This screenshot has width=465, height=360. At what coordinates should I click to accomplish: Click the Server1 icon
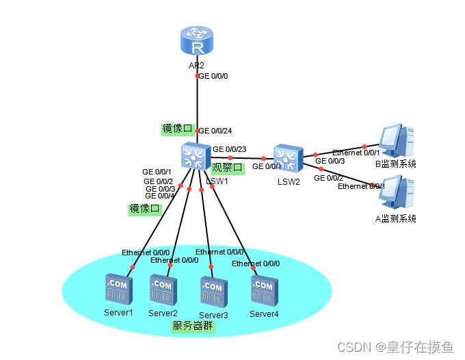[118, 290]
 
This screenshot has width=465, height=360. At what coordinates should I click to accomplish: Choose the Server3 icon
[211, 292]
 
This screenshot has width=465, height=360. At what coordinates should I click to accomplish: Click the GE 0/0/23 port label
[229, 149]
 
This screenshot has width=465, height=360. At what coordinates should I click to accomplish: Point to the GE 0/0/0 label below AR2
[213, 77]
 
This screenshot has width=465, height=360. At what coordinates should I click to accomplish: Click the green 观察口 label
[227, 167]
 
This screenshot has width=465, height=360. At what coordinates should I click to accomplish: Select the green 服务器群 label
[193, 326]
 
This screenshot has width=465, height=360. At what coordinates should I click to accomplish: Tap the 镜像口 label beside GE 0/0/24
[176, 129]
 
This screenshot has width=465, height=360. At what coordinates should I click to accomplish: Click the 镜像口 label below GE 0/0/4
[144, 208]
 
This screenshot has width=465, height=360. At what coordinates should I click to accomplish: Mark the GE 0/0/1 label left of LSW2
[267, 166]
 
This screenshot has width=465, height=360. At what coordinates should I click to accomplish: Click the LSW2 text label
[289, 181]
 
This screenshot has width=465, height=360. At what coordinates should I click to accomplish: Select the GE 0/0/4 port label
[160, 196]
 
